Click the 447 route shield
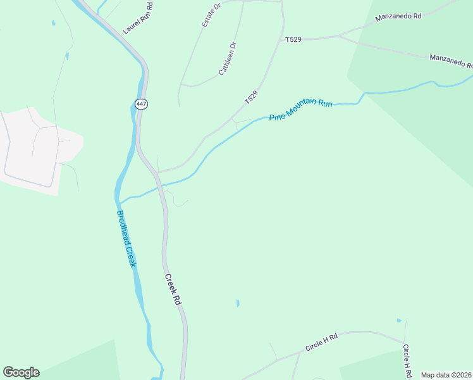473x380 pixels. (x=141, y=103)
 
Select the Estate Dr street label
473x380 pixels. (x=211, y=15)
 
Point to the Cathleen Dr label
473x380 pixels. (x=227, y=59)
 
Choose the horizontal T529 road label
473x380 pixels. (x=293, y=39)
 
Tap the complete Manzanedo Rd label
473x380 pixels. (x=398, y=17)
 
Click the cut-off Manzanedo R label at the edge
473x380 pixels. (x=451, y=61)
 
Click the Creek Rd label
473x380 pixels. (x=173, y=289)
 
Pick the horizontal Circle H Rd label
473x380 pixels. (x=322, y=343)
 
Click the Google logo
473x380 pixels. (x=21, y=372)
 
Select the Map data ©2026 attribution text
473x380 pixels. (x=446, y=375)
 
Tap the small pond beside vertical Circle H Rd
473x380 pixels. (x=399, y=320)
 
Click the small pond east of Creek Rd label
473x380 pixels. (x=238, y=303)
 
